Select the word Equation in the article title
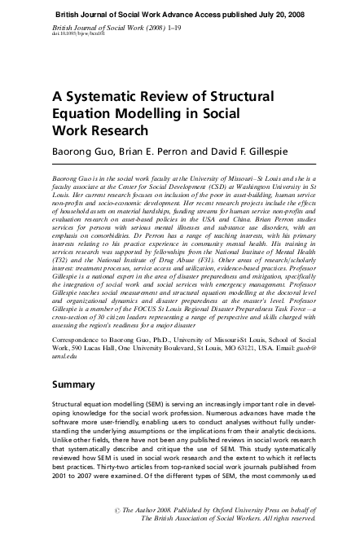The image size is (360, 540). point(78,113)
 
